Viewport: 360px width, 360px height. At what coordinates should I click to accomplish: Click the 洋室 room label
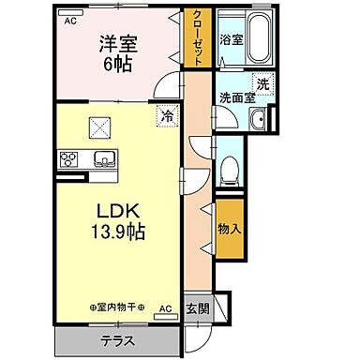click(x=118, y=44)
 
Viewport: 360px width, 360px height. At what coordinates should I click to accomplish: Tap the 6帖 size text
click(x=118, y=64)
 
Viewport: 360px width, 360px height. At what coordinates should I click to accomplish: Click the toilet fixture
click(x=229, y=172)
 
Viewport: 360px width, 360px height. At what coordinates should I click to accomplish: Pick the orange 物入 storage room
click(x=230, y=228)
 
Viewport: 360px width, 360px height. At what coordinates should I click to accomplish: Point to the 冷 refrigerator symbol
click(x=166, y=116)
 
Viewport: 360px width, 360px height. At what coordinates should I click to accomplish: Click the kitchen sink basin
click(x=101, y=157)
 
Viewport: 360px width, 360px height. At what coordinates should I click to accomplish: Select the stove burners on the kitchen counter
click(x=68, y=159)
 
